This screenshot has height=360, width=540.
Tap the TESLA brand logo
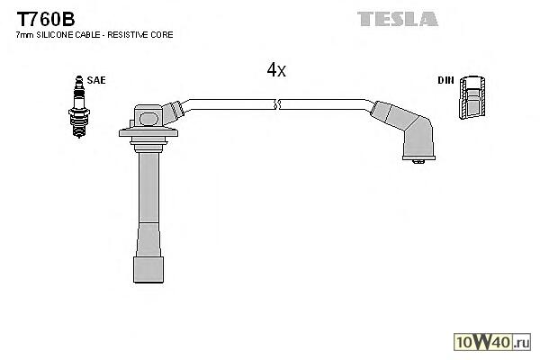[x=397, y=18]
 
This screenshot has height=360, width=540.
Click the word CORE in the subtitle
[x=163, y=34]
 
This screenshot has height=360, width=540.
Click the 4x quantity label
[x=276, y=70]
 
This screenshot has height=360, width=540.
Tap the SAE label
[x=95, y=80]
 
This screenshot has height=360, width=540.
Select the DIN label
[x=445, y=80]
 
